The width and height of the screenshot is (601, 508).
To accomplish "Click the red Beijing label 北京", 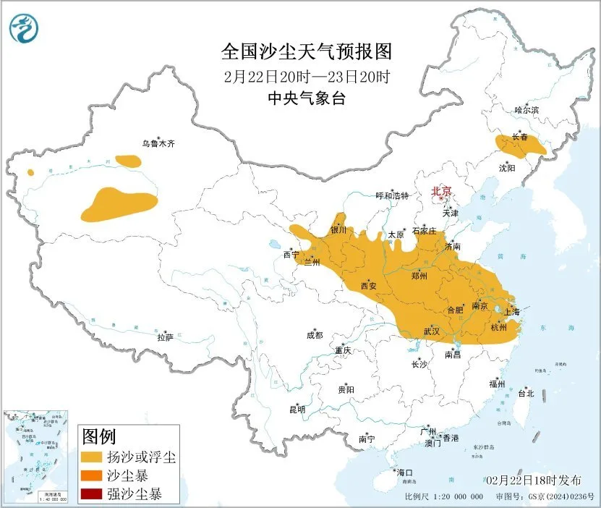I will point(440,192).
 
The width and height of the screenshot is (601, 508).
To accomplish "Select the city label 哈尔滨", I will point(527,110).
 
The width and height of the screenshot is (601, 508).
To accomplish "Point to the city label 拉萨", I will point(166,337).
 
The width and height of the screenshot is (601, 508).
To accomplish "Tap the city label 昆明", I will point(297,410).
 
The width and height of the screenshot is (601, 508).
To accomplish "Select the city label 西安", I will point(368,286).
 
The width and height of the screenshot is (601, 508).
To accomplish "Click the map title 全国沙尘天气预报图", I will point(305,53).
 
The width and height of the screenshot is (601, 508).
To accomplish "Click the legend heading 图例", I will point(99,436).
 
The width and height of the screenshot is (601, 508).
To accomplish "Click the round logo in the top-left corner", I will point(22,28).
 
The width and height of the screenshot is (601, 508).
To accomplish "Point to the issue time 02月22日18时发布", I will point(533,481).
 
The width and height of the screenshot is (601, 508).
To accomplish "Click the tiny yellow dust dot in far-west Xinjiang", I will point(30,172).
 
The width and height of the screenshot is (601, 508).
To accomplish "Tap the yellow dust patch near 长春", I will point(519,146).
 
